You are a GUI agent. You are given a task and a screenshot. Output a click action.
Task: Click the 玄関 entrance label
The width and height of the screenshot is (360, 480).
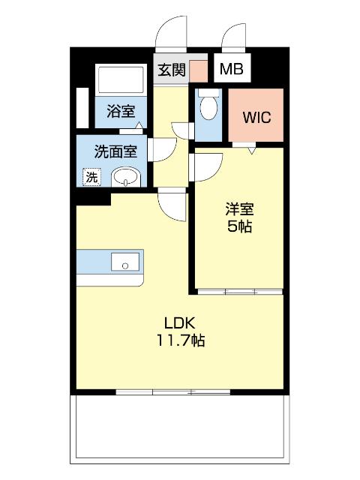[x=170, y=70]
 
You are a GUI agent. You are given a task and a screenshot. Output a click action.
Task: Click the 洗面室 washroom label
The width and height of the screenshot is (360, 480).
[x=115, y=151]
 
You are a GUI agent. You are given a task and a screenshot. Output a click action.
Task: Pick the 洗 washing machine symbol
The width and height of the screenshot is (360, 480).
[x=91, y=177]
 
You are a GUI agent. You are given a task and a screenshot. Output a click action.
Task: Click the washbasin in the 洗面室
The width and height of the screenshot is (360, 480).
[x=125, y=178]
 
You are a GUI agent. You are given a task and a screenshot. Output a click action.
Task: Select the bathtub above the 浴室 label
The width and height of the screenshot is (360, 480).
[x=120, y=80]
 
